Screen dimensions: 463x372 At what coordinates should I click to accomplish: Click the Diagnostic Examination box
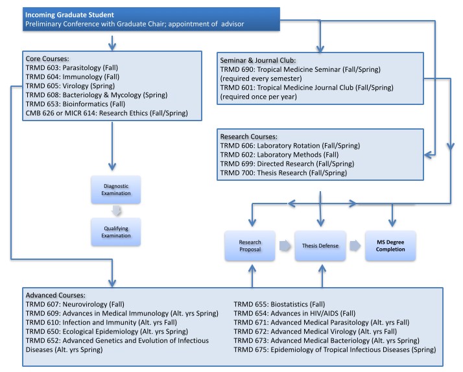pos(115,190)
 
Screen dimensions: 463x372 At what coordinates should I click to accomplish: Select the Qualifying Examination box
pos(115,232)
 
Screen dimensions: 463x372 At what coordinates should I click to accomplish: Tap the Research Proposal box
pos(250,246)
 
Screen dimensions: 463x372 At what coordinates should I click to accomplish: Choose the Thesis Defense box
pos(320,246)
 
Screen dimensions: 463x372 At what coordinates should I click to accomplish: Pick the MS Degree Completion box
pos(390,246)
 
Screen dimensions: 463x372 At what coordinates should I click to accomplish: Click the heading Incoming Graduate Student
pos(69,15)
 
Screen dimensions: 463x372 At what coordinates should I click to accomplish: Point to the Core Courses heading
pos(47,58)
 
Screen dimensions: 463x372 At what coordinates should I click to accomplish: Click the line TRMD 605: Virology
pos(70,86)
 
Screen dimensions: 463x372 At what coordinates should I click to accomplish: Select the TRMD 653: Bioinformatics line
pos(75,104)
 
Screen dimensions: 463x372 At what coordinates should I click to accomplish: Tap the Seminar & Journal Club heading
pos(258,60)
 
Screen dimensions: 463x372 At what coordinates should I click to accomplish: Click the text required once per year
pos(258,97)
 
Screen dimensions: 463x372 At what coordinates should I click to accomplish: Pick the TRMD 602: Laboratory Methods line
pos(279,155)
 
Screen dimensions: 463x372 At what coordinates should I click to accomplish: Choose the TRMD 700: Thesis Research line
pos(283,172)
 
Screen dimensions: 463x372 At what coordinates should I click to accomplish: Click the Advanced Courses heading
pos(56,295)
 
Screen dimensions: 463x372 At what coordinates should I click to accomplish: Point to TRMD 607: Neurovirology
pos(75,304)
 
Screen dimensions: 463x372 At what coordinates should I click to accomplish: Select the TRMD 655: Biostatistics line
pos(279,304)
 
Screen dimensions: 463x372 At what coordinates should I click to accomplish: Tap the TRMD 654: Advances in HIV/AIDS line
pos(294,313)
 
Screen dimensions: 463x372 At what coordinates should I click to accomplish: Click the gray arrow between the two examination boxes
pos(116,211)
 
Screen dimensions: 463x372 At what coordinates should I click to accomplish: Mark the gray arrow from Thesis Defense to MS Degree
pos(355,246)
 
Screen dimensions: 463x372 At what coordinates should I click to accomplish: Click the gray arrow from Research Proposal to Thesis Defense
pos(285,246)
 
